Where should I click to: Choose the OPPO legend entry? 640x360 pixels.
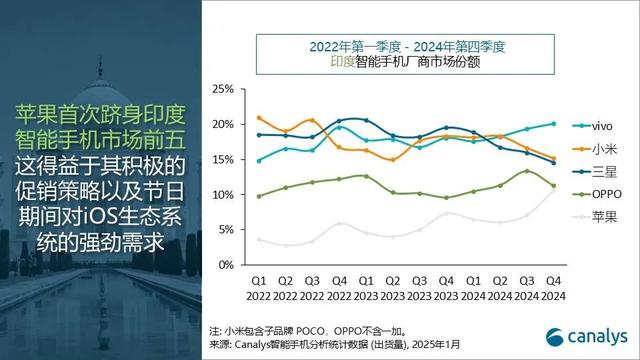(x=592, y=194)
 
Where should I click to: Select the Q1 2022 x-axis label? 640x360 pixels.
(x=259, y=288)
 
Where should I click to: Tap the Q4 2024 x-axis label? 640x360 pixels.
(x=553, y=288)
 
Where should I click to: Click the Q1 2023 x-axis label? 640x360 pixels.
(x=366, y=288)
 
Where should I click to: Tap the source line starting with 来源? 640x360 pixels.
(x=335, y=345)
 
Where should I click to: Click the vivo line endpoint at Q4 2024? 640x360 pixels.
(x=553, y=124)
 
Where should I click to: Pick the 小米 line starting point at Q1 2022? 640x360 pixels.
(x=259, y=118)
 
